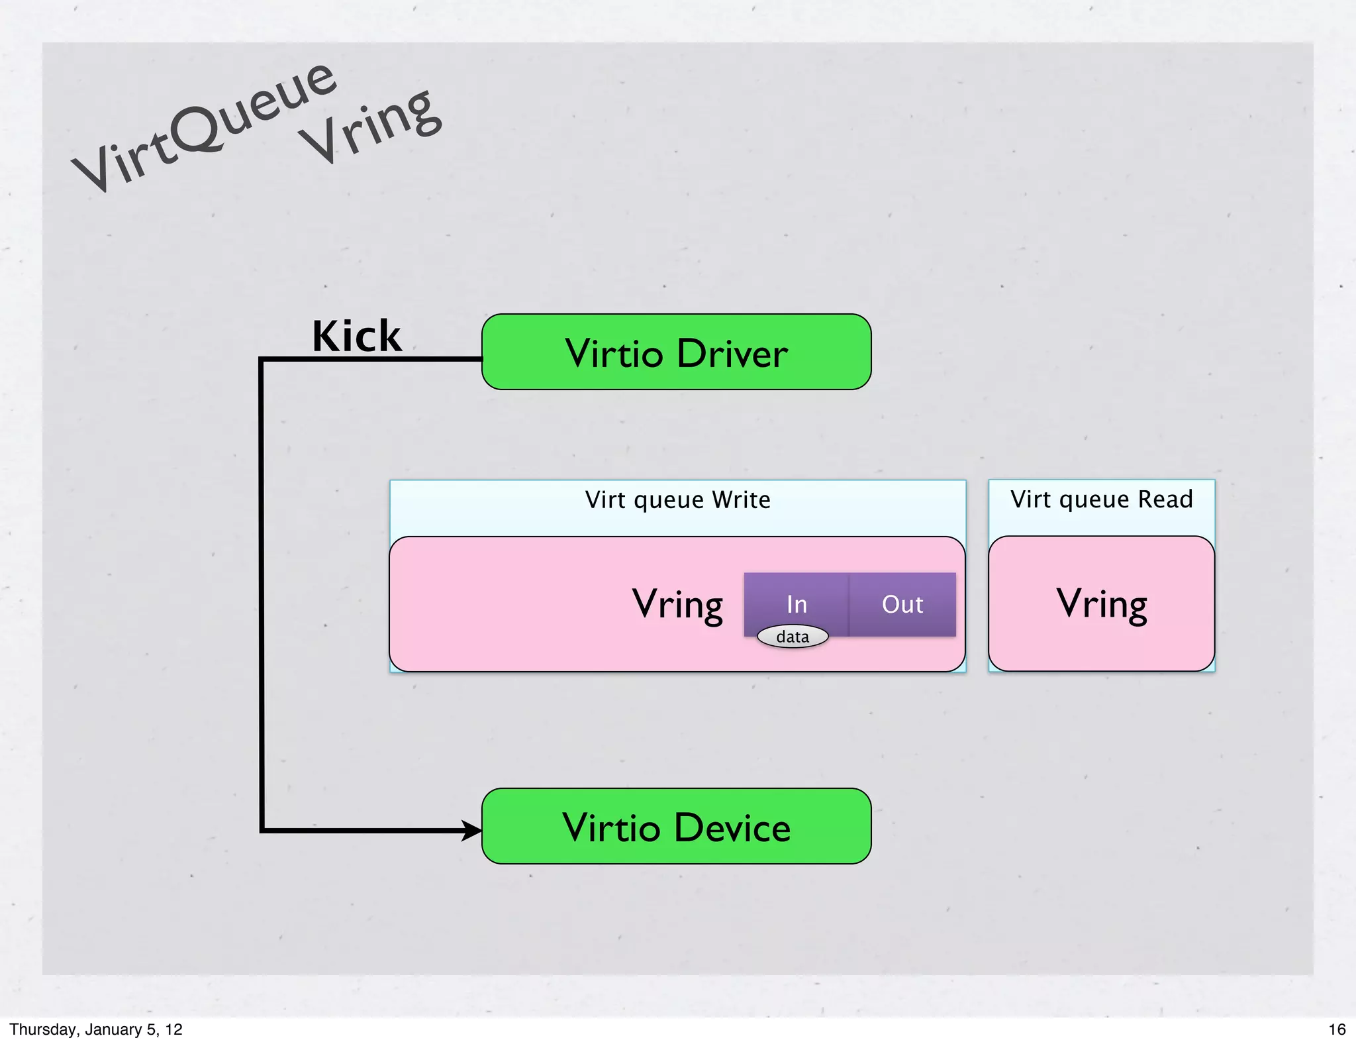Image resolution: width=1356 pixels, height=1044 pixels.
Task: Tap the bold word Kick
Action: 356,336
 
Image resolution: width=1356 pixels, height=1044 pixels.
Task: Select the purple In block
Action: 797,600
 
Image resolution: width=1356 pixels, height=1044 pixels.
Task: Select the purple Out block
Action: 902,604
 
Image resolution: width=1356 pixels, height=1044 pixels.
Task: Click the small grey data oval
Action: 793,637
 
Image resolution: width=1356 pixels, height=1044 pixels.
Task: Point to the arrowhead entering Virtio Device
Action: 472,830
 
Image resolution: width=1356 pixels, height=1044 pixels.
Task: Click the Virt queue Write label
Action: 677,499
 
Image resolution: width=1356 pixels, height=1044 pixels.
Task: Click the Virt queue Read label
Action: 1101,499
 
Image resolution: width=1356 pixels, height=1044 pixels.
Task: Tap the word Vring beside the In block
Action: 677,604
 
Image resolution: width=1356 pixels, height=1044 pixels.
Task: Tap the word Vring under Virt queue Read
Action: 1101,603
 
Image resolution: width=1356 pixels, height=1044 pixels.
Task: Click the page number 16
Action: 1337,1029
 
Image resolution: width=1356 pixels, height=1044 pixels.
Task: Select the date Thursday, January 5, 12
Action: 96,1029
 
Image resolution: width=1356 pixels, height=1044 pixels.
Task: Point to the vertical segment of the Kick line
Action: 262,596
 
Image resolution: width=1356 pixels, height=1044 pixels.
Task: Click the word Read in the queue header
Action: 1165,499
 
